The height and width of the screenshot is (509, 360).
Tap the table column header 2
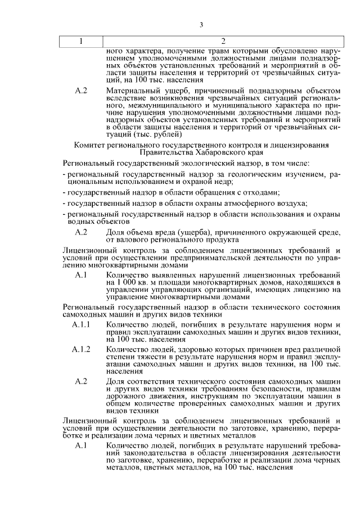[x=223, y=42]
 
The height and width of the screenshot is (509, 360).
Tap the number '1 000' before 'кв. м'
[x=127, y=281]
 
